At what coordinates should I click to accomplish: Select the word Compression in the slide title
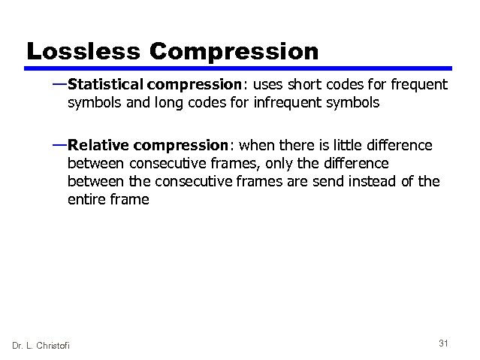pyautogui.click(x=234, y=53)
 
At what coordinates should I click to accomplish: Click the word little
pyautogui.click(x=351, y=144)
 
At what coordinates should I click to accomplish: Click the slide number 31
pyautogui.click(x=443, y=343)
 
